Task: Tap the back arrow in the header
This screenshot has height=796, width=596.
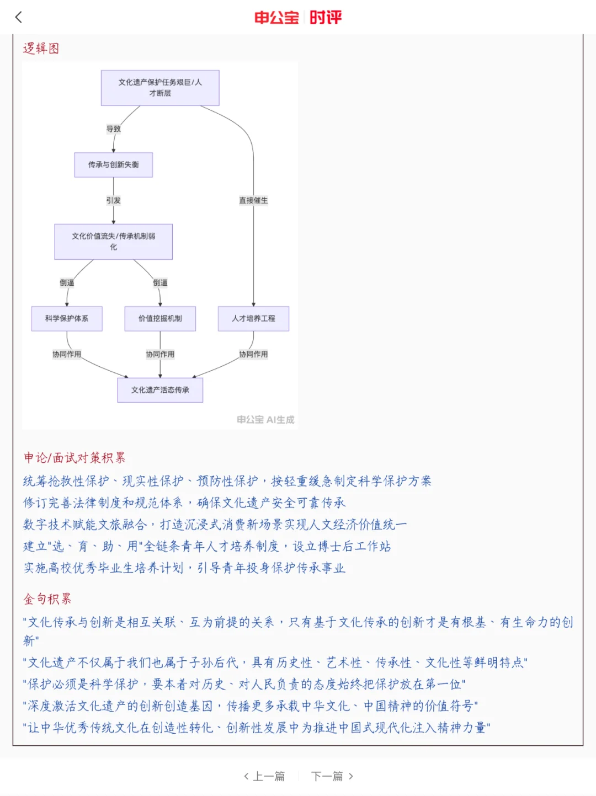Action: click(x=19, y=17)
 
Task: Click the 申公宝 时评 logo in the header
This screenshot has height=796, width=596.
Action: click(x=298, y=18)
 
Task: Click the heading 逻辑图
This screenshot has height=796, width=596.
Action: click(x=41, y=49)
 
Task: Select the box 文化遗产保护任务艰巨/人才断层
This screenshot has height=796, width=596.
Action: click(x=160, y=88)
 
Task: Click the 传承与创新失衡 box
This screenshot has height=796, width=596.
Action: click(x=113, y=165)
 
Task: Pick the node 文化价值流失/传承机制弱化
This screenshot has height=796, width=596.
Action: click(x=113, y=242)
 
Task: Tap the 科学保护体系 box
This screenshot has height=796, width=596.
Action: click(x=67, y=319)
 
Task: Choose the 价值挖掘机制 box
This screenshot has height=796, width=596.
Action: click(x=160, y=319)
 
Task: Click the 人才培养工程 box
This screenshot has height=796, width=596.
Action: click(x=253, y=319)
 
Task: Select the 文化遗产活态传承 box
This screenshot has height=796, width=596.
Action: click(x=160, y=390)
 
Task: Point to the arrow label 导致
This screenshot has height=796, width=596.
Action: click(x=114, y=129)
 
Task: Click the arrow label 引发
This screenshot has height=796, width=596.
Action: click(x=114, y=200)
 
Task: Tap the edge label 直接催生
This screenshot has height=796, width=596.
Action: click(x=253, y=200)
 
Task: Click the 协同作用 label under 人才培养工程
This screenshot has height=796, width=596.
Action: click(x=253, y=354)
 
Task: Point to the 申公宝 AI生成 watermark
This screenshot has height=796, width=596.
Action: click(x=265, y=420)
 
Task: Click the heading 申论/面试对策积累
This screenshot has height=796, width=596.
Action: click(x=74, y=458)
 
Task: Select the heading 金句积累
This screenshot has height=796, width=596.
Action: click(x=47, y=599)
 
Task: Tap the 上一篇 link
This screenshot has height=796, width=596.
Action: click(x=265, y=776)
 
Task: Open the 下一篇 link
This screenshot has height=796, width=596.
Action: click(x=332, y=776)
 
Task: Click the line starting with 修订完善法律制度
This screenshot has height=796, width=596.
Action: click(x=184, y=503)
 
